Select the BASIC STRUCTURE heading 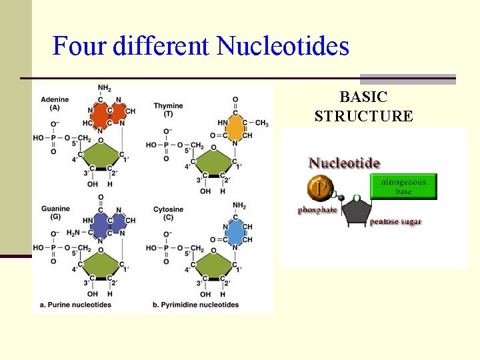pos(363,107)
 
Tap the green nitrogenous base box pos(403,186)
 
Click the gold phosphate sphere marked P pos(321,190)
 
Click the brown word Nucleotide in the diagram pos(344,163)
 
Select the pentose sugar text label pos(395,221)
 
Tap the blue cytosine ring pos(234,233)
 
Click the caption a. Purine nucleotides pos(75,305)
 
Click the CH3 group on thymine pos(261,123)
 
